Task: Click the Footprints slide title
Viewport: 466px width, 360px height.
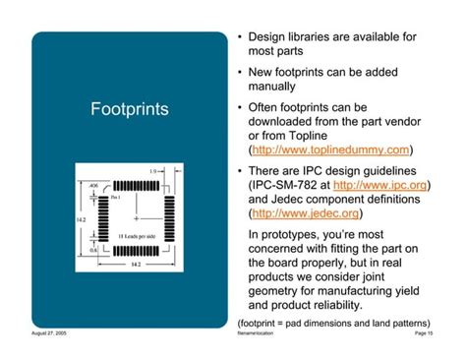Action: point(130,106)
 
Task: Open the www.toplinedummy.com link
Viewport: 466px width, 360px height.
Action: point(330,150)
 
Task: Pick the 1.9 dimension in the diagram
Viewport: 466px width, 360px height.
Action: point(154,171)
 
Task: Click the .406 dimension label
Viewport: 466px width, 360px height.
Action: point(93,184)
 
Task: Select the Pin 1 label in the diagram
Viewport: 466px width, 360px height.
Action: point(116,198)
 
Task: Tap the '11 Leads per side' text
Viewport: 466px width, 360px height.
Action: point(134,237)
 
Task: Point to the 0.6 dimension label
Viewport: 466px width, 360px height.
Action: point(93,250)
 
